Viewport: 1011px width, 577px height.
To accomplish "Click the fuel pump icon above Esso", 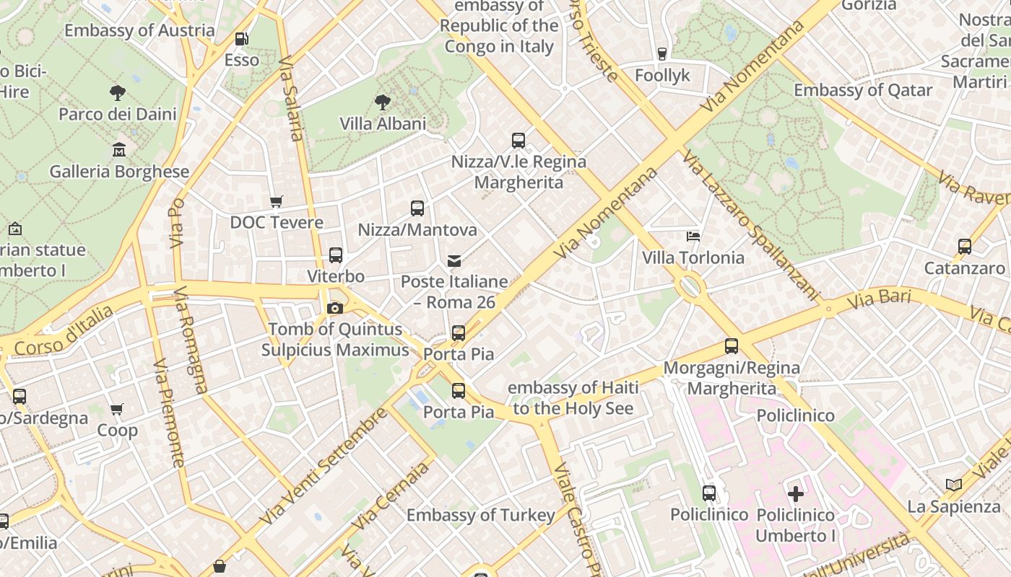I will click(x=241, y=39).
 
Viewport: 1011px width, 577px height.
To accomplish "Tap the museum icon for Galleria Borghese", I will click(x=119, y=150).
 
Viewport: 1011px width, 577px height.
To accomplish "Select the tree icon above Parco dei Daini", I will click(x=117, y=92).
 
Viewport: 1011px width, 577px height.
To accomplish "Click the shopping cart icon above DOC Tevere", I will click(x=276, y=201).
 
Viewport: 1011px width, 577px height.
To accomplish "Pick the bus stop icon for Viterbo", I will click(x=335, y=255).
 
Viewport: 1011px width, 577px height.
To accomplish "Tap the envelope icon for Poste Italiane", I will click(x=454, y=260).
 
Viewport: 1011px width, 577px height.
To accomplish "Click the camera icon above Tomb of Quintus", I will click(x=334, y=309).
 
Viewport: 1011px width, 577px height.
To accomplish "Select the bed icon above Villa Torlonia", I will click(x=693, y=236).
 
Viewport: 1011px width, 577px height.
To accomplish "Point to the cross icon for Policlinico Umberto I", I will click(x=795, y=494).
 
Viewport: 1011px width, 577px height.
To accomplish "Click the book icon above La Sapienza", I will click(x=953, y=485).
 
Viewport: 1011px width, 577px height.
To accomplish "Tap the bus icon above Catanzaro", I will click(x=964, y=247).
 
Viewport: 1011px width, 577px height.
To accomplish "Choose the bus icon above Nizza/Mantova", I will click(x=417, y=208).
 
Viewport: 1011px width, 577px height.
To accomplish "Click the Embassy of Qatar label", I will click(x=863, y=91).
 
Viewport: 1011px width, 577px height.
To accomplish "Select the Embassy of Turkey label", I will click(x=480, y=515).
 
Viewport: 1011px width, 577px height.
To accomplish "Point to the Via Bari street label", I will click(x=879, y=299).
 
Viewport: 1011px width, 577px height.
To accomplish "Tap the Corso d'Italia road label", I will click(x=64, y=331).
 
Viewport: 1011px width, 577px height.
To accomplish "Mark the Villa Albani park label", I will click(x=383, y=124).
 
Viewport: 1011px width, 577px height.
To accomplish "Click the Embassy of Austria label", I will click(x=139, y=30).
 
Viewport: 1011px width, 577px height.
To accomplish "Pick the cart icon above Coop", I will click(x=117, y=410).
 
